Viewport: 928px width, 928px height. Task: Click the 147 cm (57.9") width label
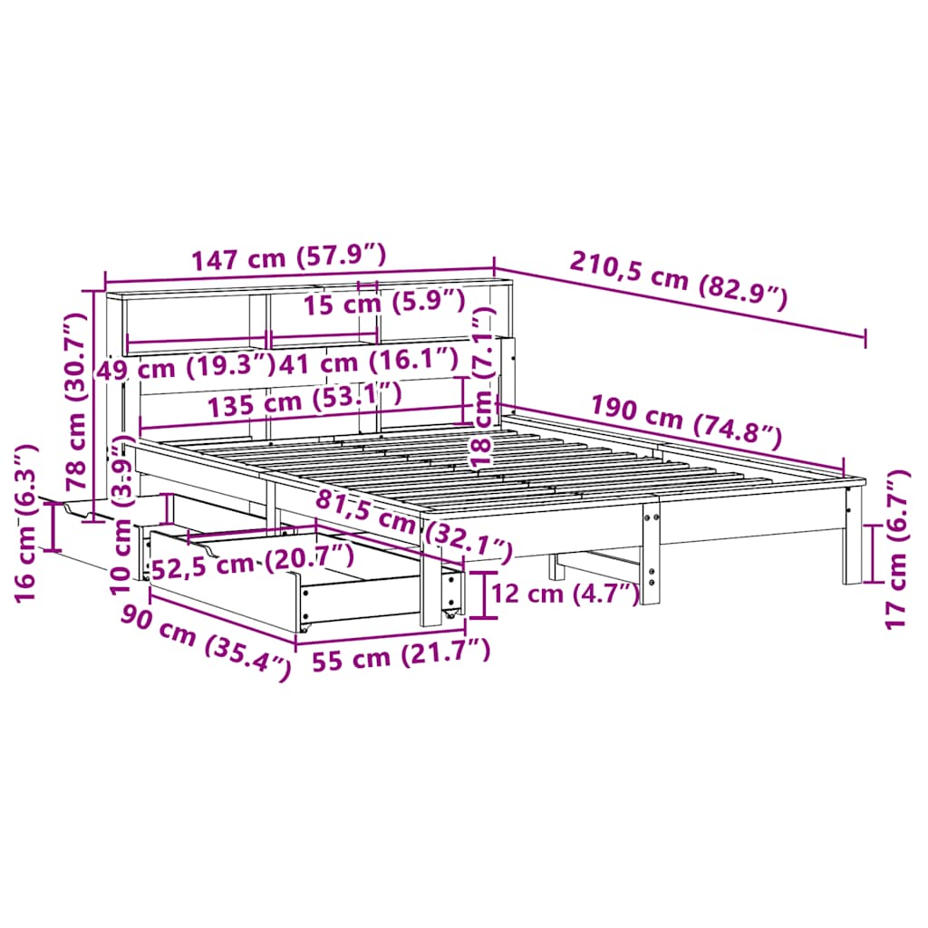[x=289, y=257]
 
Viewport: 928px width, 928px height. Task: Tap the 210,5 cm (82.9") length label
[x=679, y=280]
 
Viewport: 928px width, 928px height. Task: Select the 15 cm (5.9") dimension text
[x=384, y=302]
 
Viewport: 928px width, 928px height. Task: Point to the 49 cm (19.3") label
[x=186, y=368]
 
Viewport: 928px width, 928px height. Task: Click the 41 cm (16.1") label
[x=369, y=361]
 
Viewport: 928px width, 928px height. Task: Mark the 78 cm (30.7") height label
[x=76, y=402]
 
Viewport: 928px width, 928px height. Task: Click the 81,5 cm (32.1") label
[x=413, y=527]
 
